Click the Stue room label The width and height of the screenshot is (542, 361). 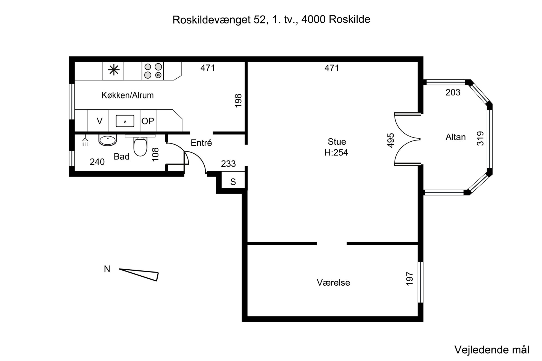[x=337, y=142]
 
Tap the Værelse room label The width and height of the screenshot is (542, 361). [x=333, y=283]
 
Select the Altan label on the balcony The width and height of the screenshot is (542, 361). [x=455, y=137]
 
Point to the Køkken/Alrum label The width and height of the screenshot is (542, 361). [x=128, y=95]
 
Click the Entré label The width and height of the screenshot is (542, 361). [x=201, y=143]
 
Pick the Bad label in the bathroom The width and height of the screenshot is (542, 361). [x=121, y=156]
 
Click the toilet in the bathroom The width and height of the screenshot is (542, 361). [x=140, y=147]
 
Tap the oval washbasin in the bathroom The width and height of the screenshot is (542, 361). [x=107, y=140]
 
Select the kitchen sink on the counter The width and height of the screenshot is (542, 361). [x=125, y=121]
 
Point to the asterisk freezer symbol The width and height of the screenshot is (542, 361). [x=114, y=70]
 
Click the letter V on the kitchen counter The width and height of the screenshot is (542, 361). [x=99, y=121]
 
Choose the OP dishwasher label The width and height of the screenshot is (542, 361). [x=148, y=121]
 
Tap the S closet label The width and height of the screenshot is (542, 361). [x=233, y=182]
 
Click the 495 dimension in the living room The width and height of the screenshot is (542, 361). [x=391, y=140]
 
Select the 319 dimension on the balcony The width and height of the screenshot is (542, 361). [x=480, y=138]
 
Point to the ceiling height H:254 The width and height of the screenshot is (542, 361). [x=336, y=152]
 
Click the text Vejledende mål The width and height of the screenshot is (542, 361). [x=492, y=350]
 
